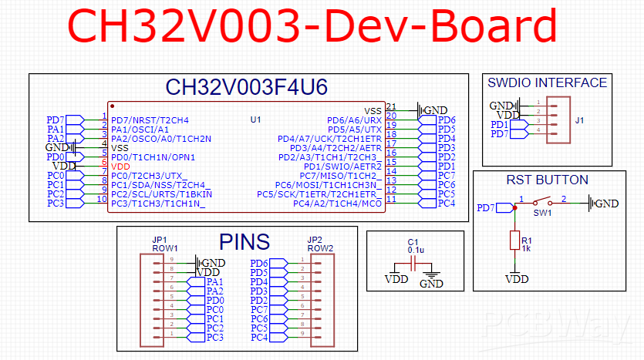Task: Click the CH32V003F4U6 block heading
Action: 247,86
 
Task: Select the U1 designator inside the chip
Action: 256,119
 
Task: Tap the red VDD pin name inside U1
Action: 120,166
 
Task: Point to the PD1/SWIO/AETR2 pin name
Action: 342,166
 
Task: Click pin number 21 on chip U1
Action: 391,107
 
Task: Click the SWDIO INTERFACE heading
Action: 548,82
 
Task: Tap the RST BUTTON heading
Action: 547,180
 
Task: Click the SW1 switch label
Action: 542,212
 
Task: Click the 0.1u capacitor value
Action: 415,251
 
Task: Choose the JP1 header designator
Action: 160,240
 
